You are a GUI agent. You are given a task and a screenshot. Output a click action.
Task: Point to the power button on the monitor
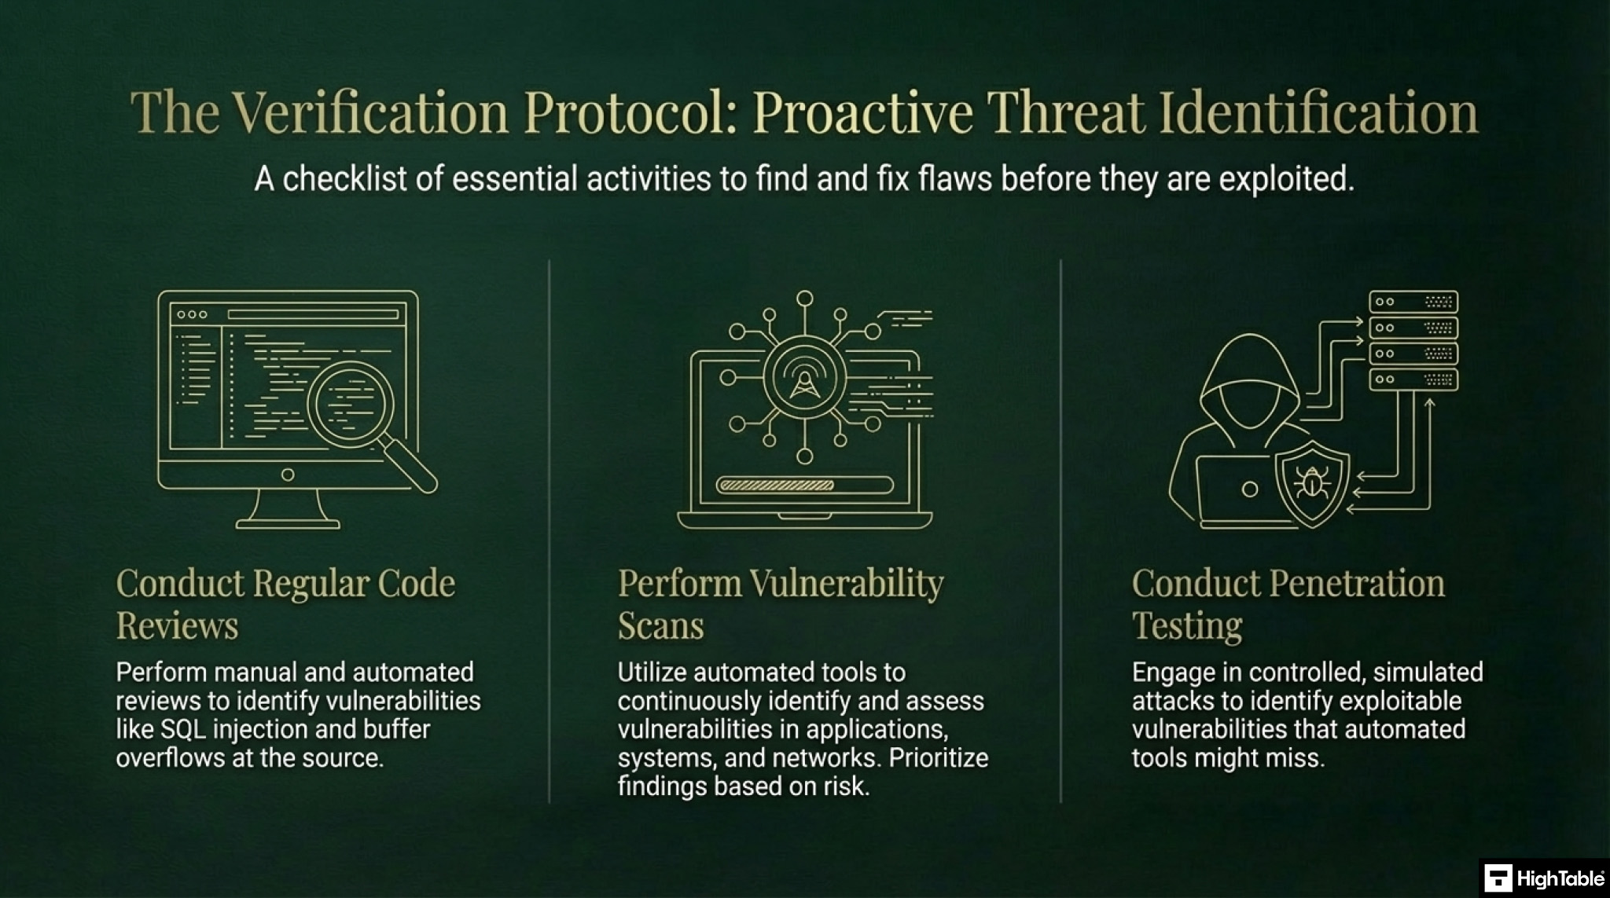point(288,475)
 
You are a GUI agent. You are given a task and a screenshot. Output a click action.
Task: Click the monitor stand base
point(288,522)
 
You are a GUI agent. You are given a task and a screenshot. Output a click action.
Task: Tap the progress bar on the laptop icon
point(804,485)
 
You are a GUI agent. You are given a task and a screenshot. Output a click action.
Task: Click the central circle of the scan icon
point(804,378)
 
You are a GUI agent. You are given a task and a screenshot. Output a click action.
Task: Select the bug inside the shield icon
point(1311,482)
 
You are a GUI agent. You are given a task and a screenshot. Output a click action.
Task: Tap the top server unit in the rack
point(1413,302)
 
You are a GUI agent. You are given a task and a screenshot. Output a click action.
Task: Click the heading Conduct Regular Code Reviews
point(285,603)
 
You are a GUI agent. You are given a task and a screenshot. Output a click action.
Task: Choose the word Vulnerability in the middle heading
point(846,584)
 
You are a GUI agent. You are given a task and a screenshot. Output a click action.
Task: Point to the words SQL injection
point(234,729)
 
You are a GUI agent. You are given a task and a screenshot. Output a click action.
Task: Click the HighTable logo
point(1544,878)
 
